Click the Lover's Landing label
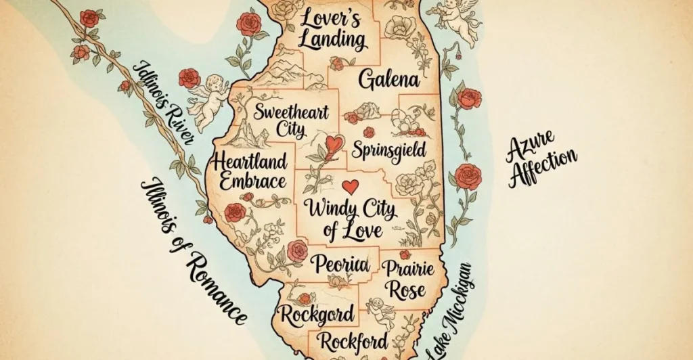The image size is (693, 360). [x=332, y=28]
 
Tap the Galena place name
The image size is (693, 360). [x=388, y=80]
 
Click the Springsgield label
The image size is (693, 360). [x=388, y=148]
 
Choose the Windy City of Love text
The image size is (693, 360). [x=351, y=217]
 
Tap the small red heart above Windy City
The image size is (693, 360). [x=350, y=185]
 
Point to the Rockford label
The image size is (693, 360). [x=354, y=340]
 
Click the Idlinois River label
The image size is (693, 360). [x=164, y=102]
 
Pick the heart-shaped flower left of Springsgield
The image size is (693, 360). [x=332, y=145]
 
